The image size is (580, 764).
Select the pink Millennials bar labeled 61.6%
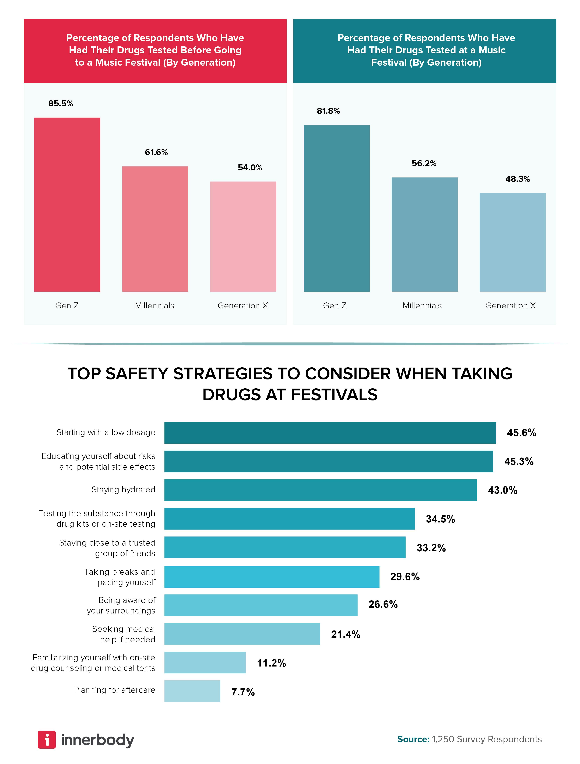(x=155, y=229)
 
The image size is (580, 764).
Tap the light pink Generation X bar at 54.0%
(x=243, y=237)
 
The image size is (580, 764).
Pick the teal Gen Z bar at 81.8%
(x=337, y=208)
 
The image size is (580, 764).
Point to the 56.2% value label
(x=424, y=163)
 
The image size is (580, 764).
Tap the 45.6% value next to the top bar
(x=521, y=433)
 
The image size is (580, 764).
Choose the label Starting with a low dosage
(x=106, y=432)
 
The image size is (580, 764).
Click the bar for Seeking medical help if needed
(x=242, y=634)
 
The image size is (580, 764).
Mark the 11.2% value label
(x=271, y=663)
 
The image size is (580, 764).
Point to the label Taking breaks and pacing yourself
(x=119, y=577)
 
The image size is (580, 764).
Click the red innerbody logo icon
(x=47, y=739)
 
